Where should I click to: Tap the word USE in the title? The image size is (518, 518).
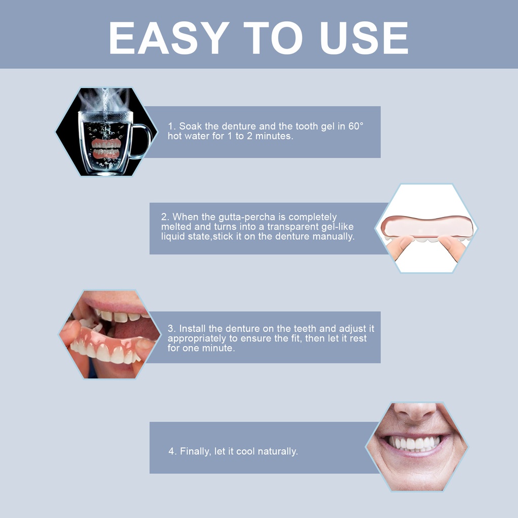tap(364, 37)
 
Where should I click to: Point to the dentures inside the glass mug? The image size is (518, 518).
tap(106, 149)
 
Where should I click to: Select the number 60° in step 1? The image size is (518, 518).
tap(356, 126)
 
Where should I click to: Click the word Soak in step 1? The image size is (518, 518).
tap(190, 126)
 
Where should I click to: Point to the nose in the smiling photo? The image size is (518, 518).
tap(415, 411)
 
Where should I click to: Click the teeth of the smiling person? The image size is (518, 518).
tap(414, 443)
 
